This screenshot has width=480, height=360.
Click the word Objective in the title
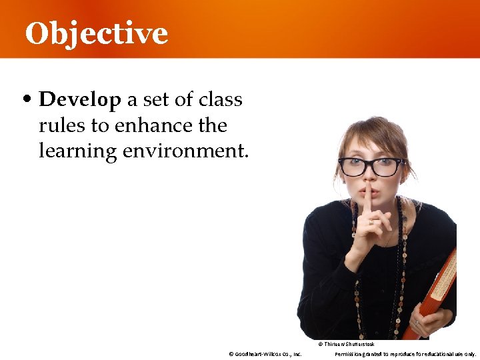pos(96,33)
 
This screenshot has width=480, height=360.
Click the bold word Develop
pos(80,100)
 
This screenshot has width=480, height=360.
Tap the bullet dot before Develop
pos(27,101)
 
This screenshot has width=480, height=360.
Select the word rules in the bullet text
pos(59,125)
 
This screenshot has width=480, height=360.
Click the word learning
pos(78,151)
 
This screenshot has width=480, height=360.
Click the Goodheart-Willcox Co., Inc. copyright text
pos(265,354)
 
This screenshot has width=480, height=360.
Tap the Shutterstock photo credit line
pos(346,344)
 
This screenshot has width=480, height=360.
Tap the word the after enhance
pos(211,125)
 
